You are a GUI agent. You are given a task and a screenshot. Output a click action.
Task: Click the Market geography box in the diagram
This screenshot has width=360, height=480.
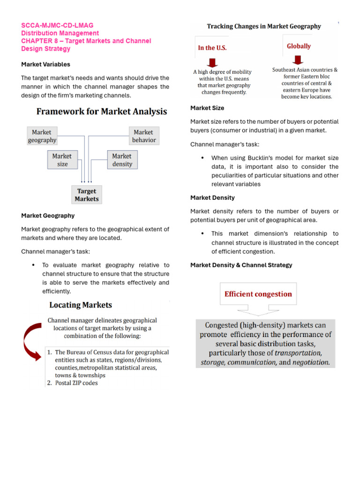(42, 136)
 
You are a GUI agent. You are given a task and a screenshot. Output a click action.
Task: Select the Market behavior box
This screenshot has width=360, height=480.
(144, 136)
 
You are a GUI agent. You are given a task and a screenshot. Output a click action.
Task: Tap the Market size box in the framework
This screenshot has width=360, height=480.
(62, 160)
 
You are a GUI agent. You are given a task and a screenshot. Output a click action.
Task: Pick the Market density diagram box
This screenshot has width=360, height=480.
(122, 160)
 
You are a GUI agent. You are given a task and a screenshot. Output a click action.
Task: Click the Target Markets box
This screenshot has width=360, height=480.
(87, 195)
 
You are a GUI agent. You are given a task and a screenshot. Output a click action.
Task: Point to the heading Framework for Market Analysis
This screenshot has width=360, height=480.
(102, 112)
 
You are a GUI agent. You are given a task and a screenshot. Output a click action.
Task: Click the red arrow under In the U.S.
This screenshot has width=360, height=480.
(212, 62)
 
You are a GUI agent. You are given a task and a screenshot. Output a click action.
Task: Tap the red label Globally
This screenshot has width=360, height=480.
(299, 46)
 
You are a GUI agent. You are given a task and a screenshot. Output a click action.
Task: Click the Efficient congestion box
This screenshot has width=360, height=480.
(258, 294)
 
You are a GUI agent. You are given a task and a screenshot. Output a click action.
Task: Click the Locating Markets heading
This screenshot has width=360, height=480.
(81, 305)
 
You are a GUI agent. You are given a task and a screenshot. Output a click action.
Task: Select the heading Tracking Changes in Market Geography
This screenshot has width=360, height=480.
(264, 26)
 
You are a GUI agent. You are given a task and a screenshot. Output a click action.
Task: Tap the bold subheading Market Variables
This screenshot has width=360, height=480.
(46, 64)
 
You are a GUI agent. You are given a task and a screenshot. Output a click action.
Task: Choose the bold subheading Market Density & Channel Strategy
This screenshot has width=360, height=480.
(241, 265)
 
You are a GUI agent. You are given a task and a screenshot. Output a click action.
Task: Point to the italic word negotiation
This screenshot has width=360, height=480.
(311, 362)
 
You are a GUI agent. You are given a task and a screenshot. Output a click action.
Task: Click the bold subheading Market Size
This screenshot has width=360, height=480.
(207, 108)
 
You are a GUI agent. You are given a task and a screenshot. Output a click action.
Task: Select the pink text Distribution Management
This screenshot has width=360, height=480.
(60, 33)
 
